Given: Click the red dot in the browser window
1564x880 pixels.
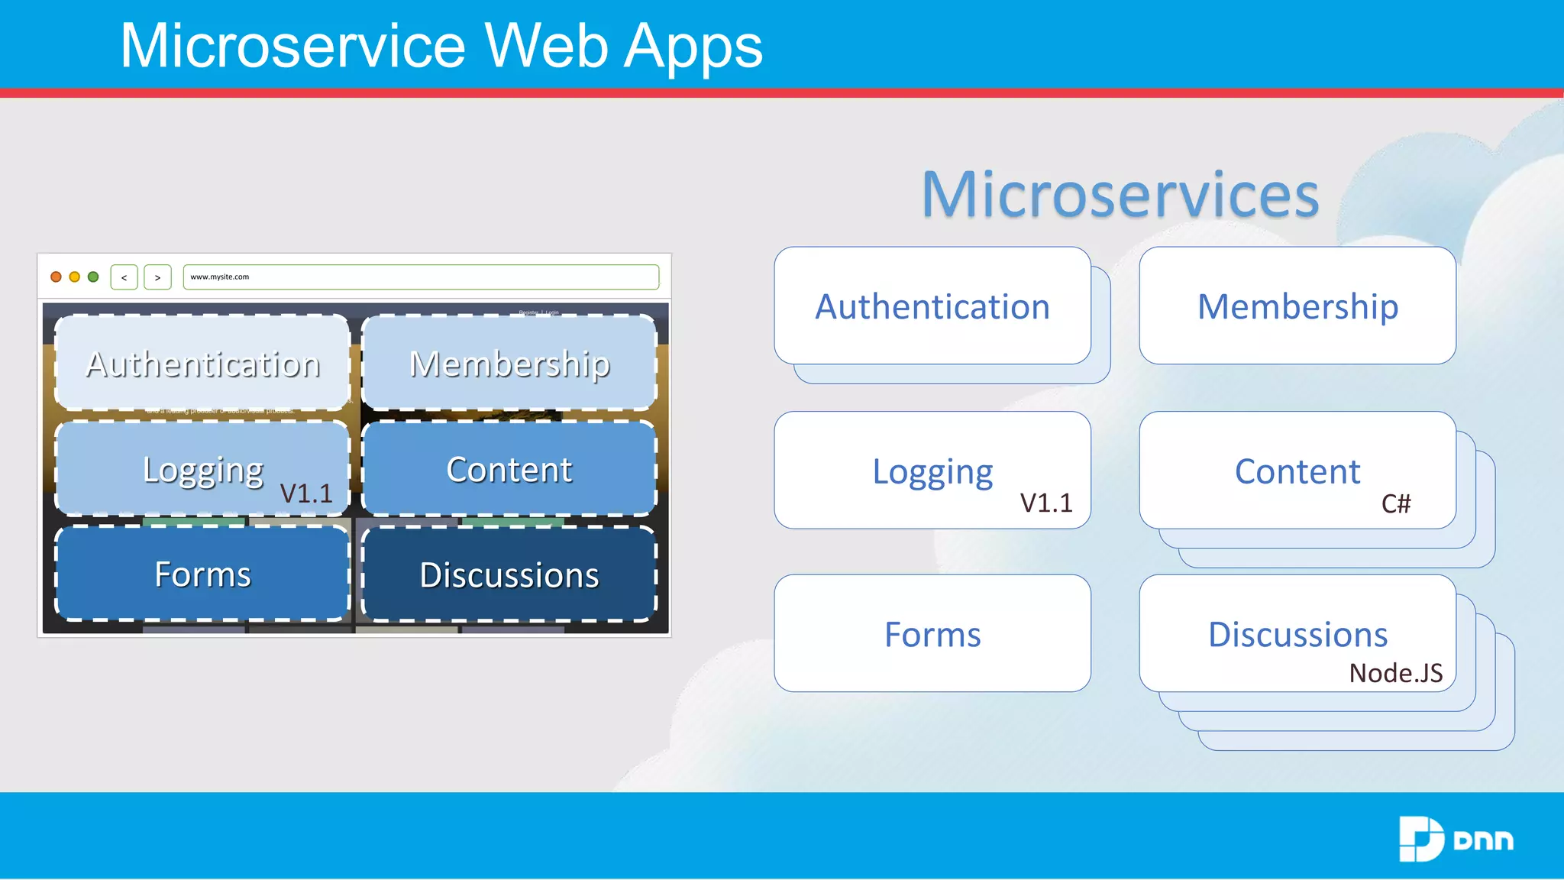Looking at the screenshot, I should point(56,277).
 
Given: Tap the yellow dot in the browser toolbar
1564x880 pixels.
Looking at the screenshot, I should point(75,277).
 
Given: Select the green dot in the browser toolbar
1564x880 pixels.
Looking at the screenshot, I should point(93,277).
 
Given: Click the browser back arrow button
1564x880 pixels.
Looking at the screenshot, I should point(124,277).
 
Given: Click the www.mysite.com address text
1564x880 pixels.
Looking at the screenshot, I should point(220,277).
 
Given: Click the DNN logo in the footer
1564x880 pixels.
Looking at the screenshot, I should point(1456,839).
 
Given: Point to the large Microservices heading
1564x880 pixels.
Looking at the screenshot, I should point(1120,194).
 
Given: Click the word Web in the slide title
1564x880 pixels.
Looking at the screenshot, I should point(547,46).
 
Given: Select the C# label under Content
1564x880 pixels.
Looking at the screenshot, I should point(1396,503).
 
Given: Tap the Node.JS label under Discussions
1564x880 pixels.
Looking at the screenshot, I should point(1396,673).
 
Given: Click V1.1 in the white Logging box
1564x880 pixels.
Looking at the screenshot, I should point(1046,503).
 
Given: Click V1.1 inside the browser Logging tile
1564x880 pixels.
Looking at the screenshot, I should point(306,493).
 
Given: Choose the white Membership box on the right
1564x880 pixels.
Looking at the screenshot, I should point(1297,306).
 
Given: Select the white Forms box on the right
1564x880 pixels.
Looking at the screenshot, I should point(932,634).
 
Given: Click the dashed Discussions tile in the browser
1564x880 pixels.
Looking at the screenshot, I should point(509,574).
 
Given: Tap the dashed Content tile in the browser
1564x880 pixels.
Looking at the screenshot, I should point(509,469).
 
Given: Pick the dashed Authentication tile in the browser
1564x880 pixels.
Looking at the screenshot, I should point(203,364).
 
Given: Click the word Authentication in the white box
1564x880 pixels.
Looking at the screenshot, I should point(932,306).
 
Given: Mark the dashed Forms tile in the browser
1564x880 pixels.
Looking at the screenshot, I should point(203,574).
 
